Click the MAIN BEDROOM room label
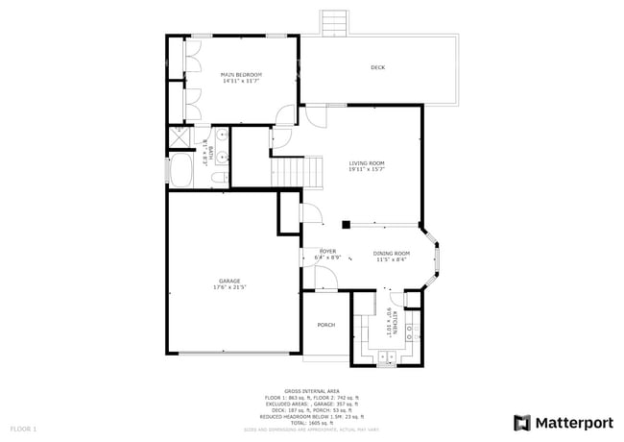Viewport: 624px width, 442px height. (241, 74)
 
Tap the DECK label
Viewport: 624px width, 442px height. (378, 67)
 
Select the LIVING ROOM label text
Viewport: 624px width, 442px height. (366, 164)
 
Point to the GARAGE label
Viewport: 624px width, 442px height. (228, 282)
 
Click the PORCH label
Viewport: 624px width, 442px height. (326, 325)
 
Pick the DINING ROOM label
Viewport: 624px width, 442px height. (392, 253)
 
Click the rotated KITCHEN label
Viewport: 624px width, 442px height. (391, 321)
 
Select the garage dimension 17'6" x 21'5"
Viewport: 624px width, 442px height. (228, 288)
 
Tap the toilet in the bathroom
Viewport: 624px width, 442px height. (219, 178)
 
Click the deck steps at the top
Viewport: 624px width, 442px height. (335, 22)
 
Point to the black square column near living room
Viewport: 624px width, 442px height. (346, 223)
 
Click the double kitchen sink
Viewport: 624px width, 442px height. (410, 333)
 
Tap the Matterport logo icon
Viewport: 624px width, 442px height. (522, 423)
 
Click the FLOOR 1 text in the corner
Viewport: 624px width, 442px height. (23, 428)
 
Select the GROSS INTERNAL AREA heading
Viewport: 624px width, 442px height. (312, 392)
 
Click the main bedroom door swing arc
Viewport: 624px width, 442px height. (284, 115)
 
